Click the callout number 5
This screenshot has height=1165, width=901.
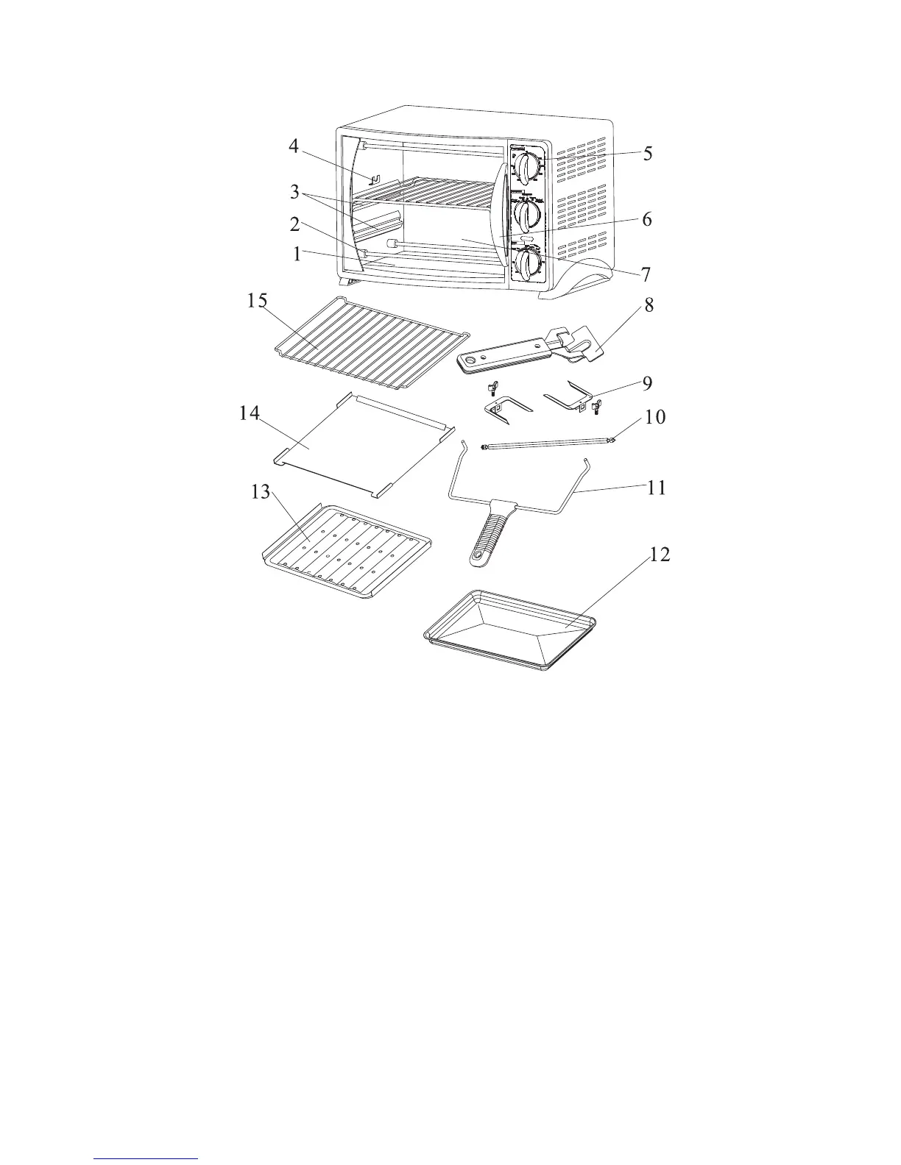648,154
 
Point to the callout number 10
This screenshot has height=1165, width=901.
655,417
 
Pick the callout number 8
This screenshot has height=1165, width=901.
649,306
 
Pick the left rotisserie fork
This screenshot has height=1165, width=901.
508,407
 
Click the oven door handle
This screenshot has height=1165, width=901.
501,216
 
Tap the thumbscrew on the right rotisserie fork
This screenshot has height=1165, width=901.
596,405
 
